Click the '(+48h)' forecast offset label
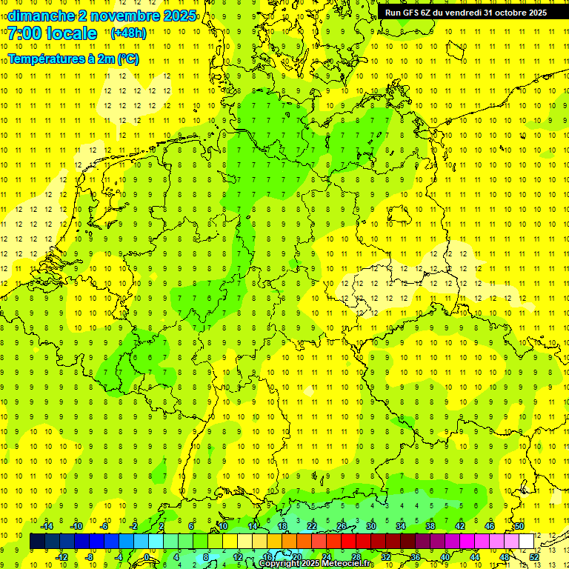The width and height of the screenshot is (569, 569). (x=128, y=33)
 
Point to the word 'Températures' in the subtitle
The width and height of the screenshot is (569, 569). (x=44, y=59)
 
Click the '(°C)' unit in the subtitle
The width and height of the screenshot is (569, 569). (x=127, y=59)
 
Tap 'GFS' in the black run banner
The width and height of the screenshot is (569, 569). (x=410, y=13)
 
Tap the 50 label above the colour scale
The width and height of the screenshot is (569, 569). (x=519, y=526)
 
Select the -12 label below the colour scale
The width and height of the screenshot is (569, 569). (x=61, y=557)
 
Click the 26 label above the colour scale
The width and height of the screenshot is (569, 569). (x=342, y=526)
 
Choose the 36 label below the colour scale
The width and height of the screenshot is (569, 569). (x=416, y=557)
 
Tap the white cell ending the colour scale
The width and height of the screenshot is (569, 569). (x=526, y=542)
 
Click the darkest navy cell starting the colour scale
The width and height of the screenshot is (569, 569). (x=38, y=542)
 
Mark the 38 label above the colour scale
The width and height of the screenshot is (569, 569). (x=430, y=526)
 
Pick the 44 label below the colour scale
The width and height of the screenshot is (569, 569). (x=475, y=557)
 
